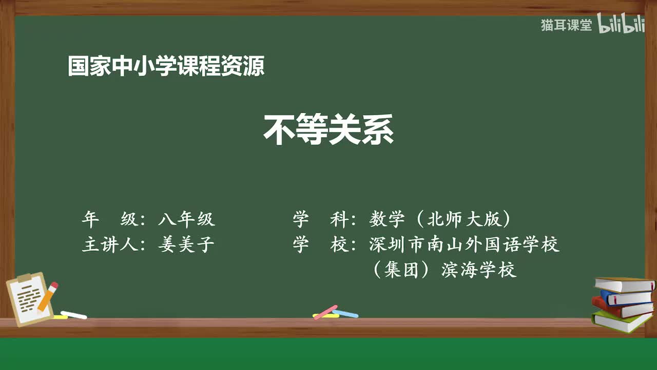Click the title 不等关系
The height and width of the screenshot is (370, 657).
pos(328,131)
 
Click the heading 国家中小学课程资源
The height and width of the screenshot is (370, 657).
pos(166,67)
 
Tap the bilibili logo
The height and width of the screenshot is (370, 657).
pos(621,25)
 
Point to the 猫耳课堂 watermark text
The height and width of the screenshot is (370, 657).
pos(566,25)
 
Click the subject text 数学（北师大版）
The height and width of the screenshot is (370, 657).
pos(440,220)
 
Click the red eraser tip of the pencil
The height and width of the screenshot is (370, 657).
pos(53,286)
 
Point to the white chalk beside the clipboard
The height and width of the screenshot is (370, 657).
pos(74,314)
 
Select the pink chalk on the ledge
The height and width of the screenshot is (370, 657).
pos(325,312)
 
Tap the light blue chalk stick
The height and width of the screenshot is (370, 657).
pos(345,313)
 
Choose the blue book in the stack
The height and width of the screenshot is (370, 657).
pos(626,297)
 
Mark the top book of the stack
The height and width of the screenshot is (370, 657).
pos(624,285)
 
